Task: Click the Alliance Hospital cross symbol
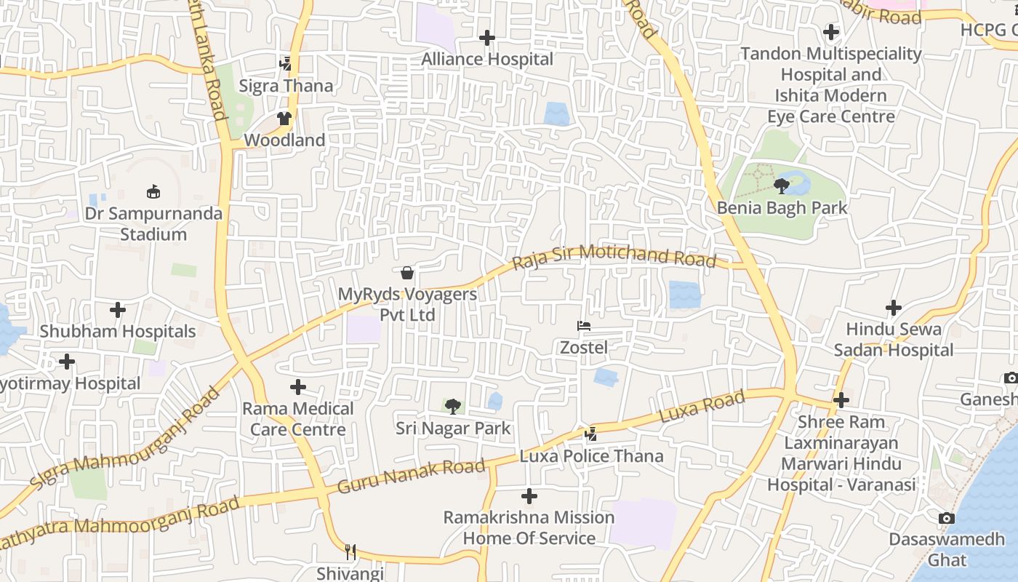point(487,37)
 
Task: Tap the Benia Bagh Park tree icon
point(782,186)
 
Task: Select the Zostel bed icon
point(583,326)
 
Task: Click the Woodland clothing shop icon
point(284,119)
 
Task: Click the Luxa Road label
point(702,407)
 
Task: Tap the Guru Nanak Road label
point(411,477)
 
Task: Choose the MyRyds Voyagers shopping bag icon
point(407,273)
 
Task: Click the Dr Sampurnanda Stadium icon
point(153,192)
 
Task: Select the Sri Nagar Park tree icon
point(452,406)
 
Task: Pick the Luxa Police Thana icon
point(590,434)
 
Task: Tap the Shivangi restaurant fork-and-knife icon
point(350,552)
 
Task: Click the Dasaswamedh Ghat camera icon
point(946,518)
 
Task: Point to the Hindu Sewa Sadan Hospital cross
point(893,308)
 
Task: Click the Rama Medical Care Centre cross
point(297,387)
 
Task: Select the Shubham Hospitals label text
point(118,332)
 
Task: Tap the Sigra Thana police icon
point(286,64)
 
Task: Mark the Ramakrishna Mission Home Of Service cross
point(529,496)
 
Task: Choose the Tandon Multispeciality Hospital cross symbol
point(830,32)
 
